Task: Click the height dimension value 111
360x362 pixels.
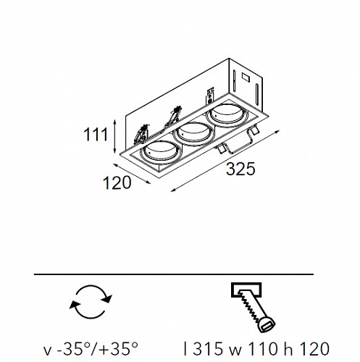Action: pyautogui.click(x=96, y=135)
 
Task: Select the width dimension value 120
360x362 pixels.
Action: pyautogui.click(x=117, y=182)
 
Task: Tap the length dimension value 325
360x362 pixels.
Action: pyautogui.click(x=240, y=169)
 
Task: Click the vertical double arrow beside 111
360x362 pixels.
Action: pyautogui.click(x=115, y=136)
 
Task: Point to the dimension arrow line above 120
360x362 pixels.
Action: pyautogui.click(x=132, y=174)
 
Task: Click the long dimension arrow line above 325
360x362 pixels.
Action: pyautogui.click(x=225, y=161)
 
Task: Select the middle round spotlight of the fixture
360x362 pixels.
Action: pyautogui.click(x=194, y=133)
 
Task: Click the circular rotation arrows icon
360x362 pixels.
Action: pyautogui.click(x=91, y=302)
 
